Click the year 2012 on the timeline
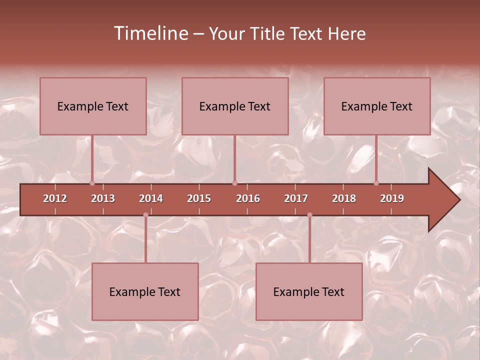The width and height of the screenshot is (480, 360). click(55, 198)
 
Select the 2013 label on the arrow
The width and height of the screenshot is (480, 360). click(103, 198)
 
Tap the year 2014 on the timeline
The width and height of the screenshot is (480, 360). click(151, 198)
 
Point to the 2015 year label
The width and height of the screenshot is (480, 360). click(199, 198)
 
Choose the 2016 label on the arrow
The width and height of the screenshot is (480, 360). click(248, 198)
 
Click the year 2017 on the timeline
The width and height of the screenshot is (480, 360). click(296, 198)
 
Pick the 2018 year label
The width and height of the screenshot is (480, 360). click(344, 198)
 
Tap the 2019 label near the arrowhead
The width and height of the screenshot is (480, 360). click(392, 198)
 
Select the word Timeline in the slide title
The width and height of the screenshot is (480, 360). click(149, 33)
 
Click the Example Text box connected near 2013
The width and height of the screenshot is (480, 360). click(93, 106)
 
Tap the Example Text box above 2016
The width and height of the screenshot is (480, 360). click(235, 106)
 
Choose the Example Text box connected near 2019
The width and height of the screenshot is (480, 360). click(377, 106)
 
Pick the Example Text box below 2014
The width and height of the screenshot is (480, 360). click(145, 291)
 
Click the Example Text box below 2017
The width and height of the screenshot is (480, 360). click(309, 291)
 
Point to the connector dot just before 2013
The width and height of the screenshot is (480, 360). click(92, 183)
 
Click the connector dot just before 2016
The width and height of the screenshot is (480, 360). click(234, 183)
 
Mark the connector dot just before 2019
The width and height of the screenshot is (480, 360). click(376, 183)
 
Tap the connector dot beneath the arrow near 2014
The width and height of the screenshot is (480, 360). click(145, 215)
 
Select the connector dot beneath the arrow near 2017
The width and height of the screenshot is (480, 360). click(309, 215)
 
